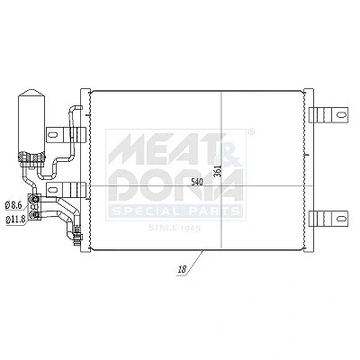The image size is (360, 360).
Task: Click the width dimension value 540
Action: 197,182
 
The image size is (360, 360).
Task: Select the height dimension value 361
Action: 219,171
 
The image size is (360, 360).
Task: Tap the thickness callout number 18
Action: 182,269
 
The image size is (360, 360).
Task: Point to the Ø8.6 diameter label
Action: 14,205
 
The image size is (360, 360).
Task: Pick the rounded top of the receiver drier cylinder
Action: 31,93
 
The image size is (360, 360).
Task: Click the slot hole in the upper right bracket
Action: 341,114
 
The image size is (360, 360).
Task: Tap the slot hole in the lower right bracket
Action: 341,218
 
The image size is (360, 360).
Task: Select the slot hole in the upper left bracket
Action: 52,134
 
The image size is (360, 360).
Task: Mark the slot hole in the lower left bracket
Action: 52,190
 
